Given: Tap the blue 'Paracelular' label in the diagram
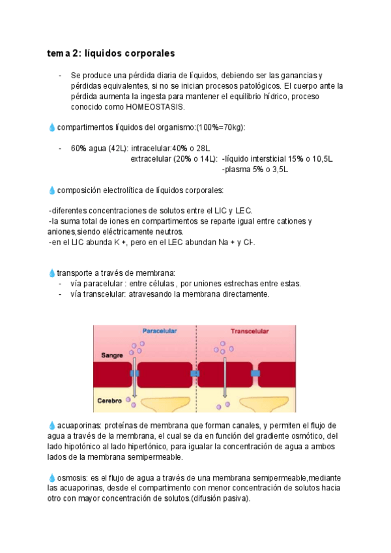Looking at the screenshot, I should tap(160, 331).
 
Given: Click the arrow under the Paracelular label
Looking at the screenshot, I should tap(135, 378).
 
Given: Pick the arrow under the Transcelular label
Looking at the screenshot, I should tap(225, 378).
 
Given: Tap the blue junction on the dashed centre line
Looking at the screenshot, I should tap(195, 373).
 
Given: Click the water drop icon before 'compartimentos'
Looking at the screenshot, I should tap(52, 127).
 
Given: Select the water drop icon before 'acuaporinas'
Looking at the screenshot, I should tap(52, 425).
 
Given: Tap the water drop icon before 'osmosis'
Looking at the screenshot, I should tap(52, 478).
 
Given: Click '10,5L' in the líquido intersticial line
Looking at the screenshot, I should tap(320, 158).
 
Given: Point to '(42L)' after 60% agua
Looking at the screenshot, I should tap(119, 148).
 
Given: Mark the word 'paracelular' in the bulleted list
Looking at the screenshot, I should tap(103, 284).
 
